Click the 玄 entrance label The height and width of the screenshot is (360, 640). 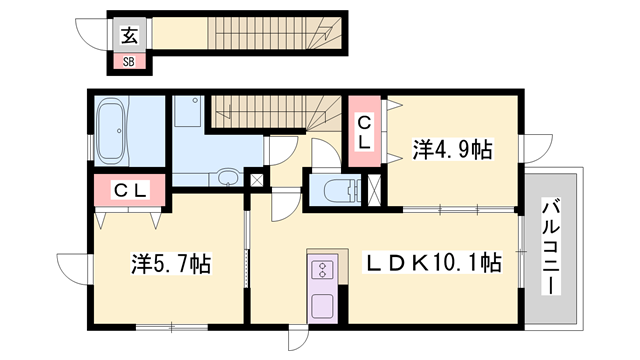[x=129, y=36]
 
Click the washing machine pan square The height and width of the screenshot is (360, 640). [x=187, y=112]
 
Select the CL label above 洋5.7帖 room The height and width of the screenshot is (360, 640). [x=129, y=189]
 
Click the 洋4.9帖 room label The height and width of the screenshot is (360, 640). [x=453, y=149]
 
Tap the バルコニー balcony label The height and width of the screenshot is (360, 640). [x=549, y=245]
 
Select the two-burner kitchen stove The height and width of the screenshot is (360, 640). [x=323, y=269]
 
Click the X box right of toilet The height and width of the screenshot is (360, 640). [x=375, y=190]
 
